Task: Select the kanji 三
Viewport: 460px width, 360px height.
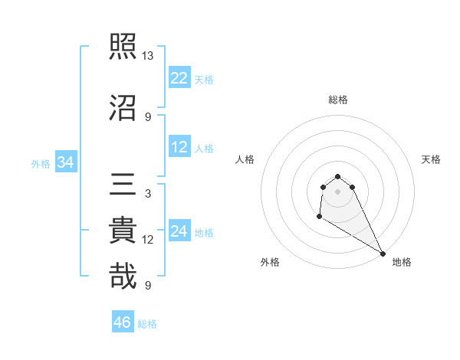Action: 123,185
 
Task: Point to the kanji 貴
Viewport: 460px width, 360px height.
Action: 123,231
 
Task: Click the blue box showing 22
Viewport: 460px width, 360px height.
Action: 179,78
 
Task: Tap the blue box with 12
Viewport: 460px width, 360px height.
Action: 179,147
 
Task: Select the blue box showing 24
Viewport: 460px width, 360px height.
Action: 179,231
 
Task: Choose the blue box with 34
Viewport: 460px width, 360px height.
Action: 65,162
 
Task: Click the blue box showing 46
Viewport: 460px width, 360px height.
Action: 123,322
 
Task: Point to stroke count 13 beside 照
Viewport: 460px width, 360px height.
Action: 148,56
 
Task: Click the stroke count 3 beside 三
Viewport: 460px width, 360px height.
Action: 147,194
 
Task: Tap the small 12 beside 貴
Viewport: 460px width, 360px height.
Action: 148,240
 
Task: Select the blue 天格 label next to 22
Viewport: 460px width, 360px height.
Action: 204,80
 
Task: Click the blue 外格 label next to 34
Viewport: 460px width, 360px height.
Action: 41,163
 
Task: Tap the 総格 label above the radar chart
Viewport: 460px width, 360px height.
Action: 338,100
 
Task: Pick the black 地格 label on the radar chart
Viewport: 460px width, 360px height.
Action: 402,263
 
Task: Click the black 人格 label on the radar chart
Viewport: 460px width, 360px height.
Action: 245,159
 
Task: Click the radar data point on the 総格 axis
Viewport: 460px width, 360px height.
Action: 337,173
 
